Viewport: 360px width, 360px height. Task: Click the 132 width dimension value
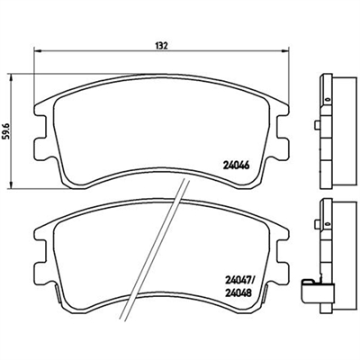161,46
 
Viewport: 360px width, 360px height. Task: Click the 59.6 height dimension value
6,131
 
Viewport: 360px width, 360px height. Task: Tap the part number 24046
236,165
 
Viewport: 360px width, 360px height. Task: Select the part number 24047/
238,281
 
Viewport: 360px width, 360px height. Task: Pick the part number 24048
237,292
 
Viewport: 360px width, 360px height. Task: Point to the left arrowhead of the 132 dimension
37,51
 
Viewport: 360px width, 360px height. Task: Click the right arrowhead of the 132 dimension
285,51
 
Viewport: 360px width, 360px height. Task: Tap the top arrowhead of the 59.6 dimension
12,77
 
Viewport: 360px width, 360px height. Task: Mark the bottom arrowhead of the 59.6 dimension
12,185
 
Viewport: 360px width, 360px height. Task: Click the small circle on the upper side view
328,99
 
